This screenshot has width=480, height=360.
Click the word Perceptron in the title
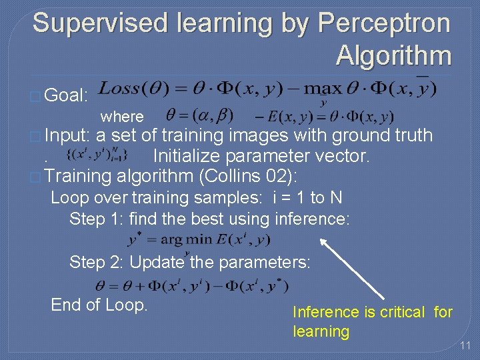tap(384, 23)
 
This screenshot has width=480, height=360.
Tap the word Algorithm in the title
tap(393, 55)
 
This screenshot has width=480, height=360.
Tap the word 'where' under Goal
tap(122, 117)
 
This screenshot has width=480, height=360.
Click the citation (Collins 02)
tap(259, 177)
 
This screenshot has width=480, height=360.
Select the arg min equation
tap(199, 240)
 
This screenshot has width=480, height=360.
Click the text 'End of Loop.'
tap(99, 305)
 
